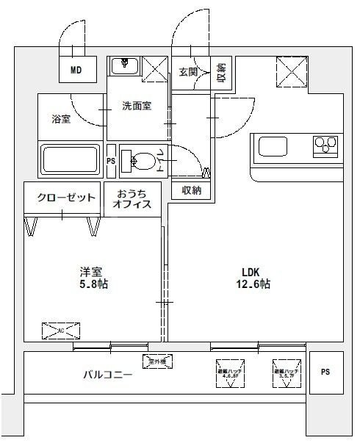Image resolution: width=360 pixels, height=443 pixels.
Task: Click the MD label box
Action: pos(76,71)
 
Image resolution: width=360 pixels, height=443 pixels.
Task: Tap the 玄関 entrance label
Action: pos(187,71)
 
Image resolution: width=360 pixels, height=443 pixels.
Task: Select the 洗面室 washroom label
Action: pos(137,106)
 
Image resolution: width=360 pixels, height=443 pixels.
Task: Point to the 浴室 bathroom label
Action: pos(61,119)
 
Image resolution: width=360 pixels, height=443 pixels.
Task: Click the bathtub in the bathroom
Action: pos(71,160)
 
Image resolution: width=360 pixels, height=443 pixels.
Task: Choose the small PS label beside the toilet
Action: pos(111,161)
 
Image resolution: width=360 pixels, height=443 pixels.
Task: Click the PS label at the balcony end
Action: pos(325,372)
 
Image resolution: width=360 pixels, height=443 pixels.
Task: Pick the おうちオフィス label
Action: pos(133,199)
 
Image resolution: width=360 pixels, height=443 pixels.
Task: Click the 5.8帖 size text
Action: pos(93,284)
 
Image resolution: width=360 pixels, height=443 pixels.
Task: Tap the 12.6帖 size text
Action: pos(254,284)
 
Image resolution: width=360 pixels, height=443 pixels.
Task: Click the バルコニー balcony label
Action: pos(107,375)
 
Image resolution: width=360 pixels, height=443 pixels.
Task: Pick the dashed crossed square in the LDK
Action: pos(290,71)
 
